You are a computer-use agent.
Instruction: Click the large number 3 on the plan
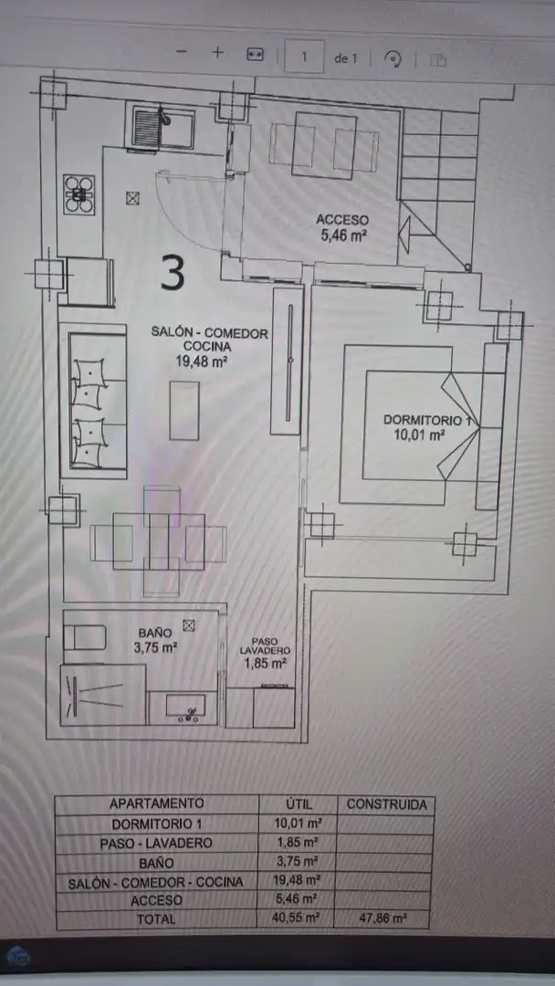[x=173, y=272]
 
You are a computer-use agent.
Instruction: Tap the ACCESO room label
[x=342, y=220]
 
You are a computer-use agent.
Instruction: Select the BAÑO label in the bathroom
[x=155, y=632]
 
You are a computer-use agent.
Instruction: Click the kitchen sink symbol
[x=162, y=127]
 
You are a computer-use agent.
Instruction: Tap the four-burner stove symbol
[x=79, y=193]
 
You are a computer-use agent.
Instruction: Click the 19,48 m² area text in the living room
[x=202, y=361]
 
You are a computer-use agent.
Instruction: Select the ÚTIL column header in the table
[x=298, y=804]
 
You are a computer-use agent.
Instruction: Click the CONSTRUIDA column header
[x=386, y=804]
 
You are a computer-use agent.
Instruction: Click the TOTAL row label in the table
[x=156, y=920]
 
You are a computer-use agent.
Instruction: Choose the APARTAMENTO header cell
[x=156, y=804]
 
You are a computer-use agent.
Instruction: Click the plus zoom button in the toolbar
[x=217, y=53]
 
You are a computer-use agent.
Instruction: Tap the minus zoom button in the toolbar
[x=181, y=53]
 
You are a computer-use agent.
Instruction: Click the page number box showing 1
[x=304, y=57]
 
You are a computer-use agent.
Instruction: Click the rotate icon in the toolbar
[x=393, y=58]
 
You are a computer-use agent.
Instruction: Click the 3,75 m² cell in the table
[x=298, y=862]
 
